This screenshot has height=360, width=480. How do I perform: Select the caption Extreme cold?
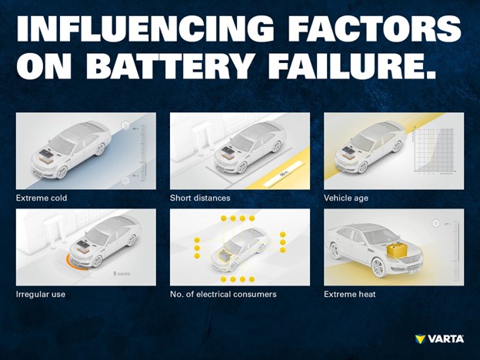click(42, 198)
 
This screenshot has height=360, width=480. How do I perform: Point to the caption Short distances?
click(200, 198)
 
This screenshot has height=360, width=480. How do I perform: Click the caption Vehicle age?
click(346, 198)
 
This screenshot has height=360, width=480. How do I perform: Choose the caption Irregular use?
click(42, 294)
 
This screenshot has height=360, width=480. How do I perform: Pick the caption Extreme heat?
click(350, 294)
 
